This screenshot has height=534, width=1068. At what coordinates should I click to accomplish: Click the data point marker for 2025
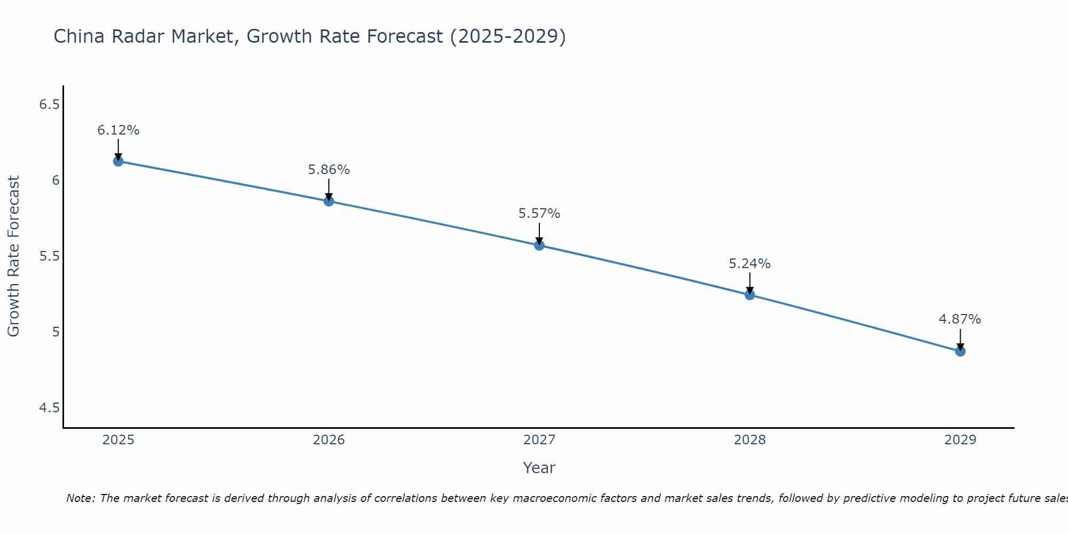coord(118,161)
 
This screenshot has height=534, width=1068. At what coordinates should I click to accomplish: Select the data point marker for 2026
coord(329,201)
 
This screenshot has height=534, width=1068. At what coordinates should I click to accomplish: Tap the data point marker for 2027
coord(539,246)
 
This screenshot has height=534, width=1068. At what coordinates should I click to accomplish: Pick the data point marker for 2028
coord(750,295)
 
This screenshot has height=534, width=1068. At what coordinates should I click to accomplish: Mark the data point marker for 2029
coord(960,351)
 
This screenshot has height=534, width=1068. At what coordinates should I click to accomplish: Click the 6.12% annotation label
coord(118,130)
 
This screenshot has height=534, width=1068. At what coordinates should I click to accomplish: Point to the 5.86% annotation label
coord(329,170)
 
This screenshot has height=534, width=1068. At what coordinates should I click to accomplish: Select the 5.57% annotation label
coord(539,214)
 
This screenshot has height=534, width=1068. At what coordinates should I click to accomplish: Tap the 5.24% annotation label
coord(750,264)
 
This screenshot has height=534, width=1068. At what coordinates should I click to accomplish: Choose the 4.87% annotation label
coord(960,319)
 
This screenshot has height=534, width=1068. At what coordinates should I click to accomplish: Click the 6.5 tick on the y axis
coord(49,105)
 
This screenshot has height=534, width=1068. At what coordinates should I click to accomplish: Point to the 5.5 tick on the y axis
coord(49,256)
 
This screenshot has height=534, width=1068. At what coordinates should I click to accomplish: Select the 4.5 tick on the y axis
coord(49,408)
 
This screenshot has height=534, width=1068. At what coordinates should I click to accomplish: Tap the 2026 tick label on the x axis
coord(329,440)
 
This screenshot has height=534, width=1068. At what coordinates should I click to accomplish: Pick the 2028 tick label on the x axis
coord(750,440)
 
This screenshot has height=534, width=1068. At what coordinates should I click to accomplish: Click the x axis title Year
coord(539,468)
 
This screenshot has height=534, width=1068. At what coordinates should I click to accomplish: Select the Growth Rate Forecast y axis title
coord(13,256)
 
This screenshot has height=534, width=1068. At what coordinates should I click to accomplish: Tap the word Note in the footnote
coord(80,498)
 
